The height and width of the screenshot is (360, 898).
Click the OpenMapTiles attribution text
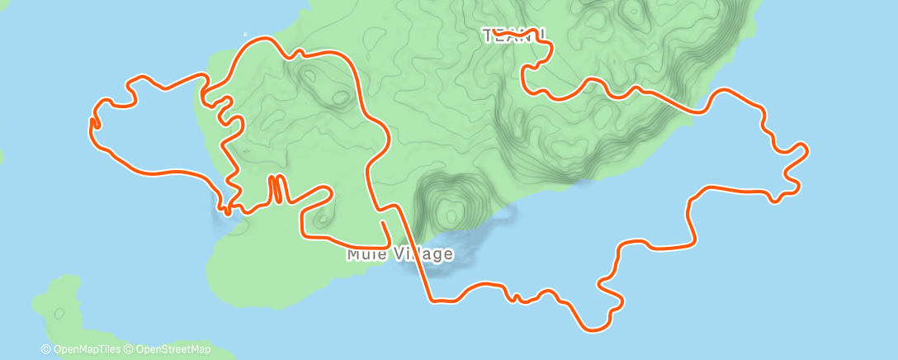pos(87,349)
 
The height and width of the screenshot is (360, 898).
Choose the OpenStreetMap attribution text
pos(172,349)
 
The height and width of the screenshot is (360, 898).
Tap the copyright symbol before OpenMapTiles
pos(45,349)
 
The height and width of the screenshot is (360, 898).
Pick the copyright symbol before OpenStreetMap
pos(129,349)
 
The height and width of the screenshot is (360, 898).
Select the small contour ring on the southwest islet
pos(59,313)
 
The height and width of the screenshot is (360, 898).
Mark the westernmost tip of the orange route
pos(91,124)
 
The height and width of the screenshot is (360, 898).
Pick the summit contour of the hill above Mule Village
pos(450,216)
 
